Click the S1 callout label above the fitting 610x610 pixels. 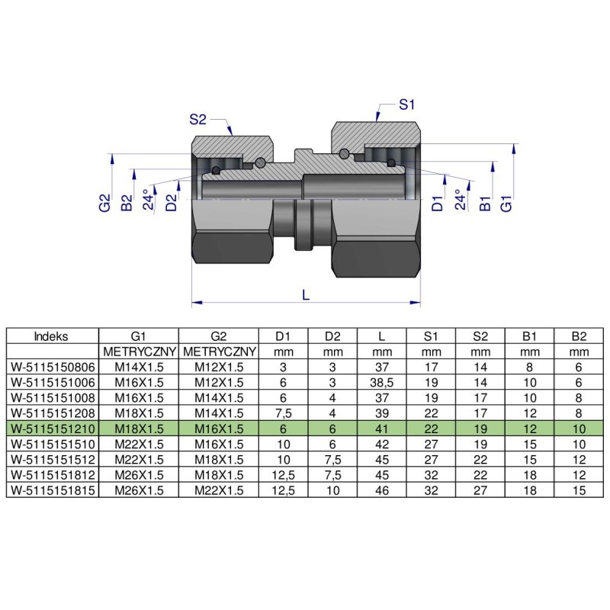(x=407, y=104)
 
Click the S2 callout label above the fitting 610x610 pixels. (x=198, y=119)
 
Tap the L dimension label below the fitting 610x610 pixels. (x=306, y=294)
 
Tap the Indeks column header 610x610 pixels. (x=52, y=335)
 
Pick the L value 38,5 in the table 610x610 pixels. (x=380, y=381)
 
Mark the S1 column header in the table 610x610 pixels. (x=431, y=335)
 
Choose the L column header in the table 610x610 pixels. (x=380, y=335)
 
